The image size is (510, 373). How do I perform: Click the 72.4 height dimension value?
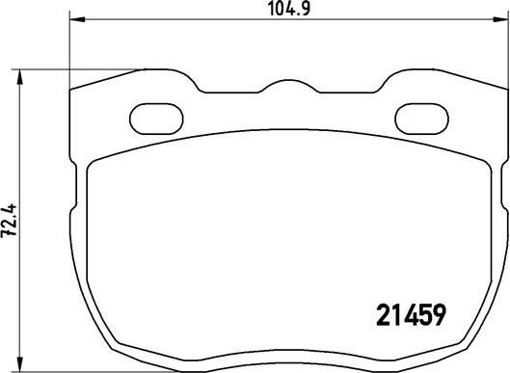point(9,221)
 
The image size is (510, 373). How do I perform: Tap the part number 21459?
point(411,315)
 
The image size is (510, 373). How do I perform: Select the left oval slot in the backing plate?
point(156,119)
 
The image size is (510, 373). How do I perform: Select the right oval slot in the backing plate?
point(422,119)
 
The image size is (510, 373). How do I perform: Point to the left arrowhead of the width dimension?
point(77,20)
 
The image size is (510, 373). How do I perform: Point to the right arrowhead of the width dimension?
point(500,20)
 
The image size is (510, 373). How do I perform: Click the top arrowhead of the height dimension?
point(20,77)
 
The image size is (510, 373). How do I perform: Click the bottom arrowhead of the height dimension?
point(20,364)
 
